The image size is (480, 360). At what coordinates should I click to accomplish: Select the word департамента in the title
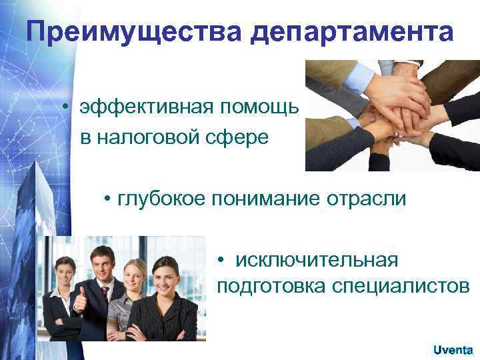tap(354, 33)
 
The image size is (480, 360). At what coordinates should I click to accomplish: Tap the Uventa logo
tap(453, 349)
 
